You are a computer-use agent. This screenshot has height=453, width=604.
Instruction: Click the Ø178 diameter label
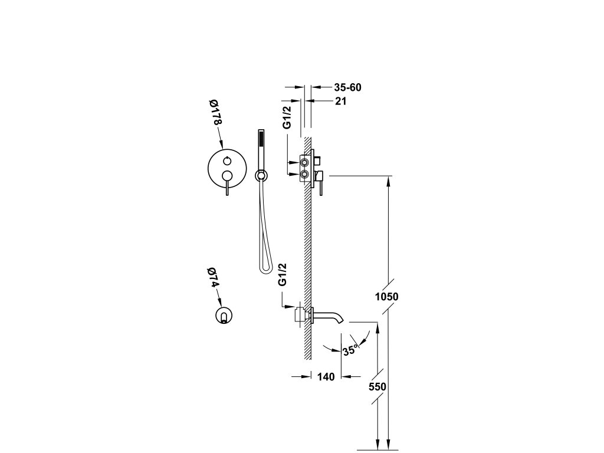coord(215,113)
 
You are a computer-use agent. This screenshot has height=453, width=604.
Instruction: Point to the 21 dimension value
coord(340,101)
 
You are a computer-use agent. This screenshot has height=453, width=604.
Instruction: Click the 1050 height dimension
coord(387,297)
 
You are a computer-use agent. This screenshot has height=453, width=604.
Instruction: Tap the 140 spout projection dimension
coord(326,377)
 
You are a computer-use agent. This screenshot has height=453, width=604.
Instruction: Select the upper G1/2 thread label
coord(287,117)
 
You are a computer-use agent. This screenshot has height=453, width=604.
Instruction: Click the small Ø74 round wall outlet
coord(224,316)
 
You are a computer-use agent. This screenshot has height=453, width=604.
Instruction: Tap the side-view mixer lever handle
coord(320,183)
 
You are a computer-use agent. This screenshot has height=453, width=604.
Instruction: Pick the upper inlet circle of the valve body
coord(305,161)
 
